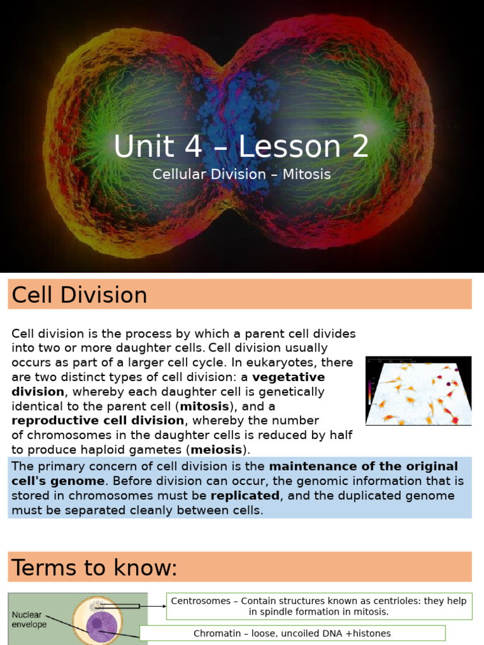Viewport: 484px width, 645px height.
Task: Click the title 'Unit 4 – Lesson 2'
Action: point(241,147)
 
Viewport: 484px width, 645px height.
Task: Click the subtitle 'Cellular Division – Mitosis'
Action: point(241,174)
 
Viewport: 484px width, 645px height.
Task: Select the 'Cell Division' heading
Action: point(79,295)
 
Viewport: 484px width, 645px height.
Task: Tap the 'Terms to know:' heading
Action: point(95,568)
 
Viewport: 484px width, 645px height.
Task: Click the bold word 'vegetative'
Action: point(289,377)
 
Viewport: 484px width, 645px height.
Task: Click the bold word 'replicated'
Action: point(245,496)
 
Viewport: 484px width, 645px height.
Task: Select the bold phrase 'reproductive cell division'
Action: point(98,421)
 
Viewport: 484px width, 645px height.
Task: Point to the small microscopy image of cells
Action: point(418,391)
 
